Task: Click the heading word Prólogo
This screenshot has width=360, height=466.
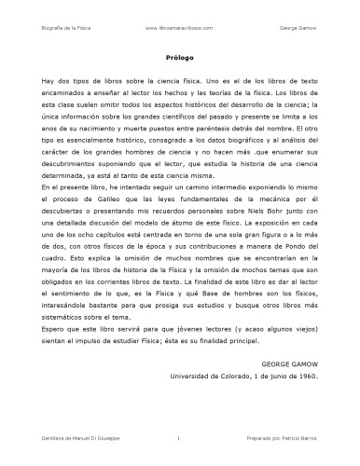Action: pos(179,57)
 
